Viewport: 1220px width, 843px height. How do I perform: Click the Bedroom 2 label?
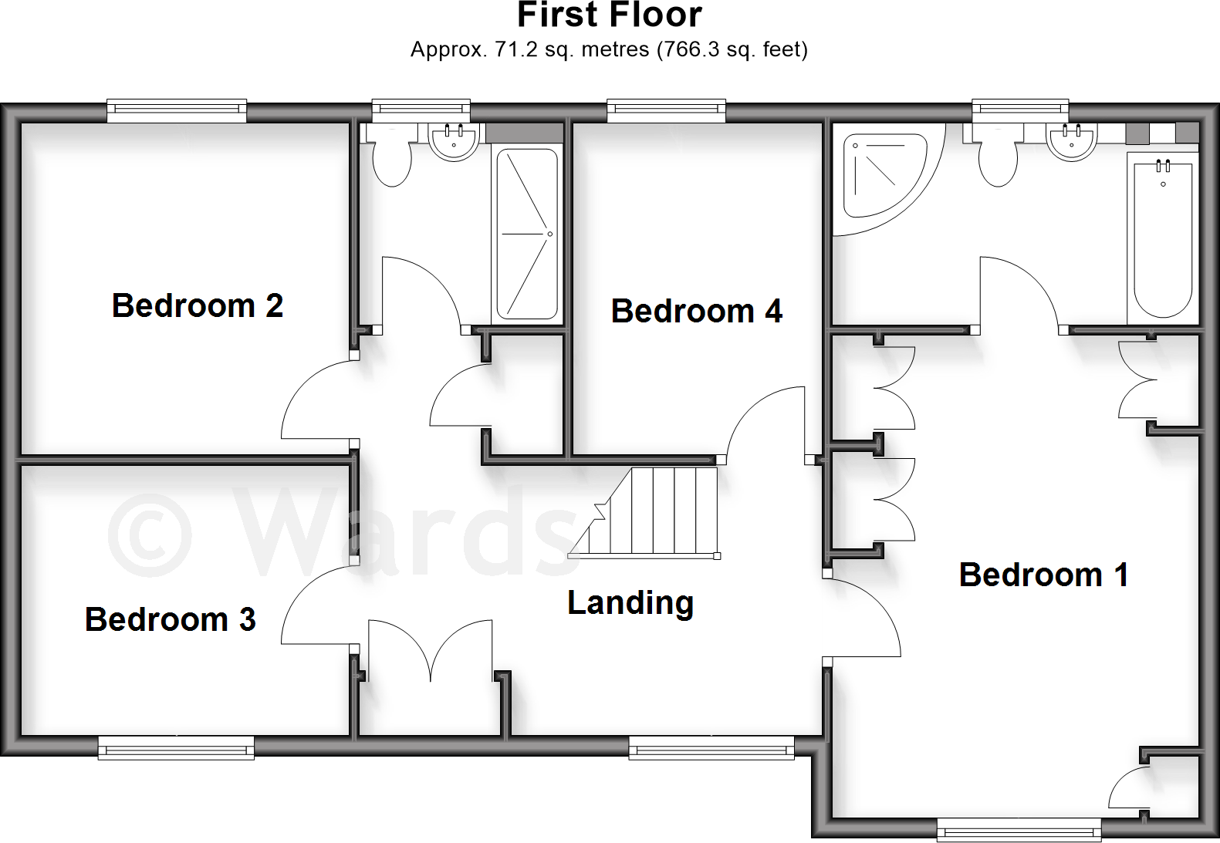point(198,305)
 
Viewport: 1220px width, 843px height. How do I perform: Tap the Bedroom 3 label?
point(170,619)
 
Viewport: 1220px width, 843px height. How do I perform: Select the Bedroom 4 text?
point(696,311)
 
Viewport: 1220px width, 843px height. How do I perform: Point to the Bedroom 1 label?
point(1043,575)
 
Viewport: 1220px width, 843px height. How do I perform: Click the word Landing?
point(630,602)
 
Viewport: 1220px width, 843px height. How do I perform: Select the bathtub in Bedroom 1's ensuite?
point(1162,235)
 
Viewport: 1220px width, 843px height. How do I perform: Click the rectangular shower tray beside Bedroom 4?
point(527,234)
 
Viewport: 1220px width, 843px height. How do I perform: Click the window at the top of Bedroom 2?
point(177,111)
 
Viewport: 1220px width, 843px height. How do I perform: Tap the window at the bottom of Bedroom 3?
point(176,747)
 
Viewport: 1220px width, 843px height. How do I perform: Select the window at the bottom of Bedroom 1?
point(1019,831)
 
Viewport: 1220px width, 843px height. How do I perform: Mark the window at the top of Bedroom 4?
point(666,111)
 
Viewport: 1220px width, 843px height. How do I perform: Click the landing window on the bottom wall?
point(711,747)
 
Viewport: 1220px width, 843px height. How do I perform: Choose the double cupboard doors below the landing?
point(430,652)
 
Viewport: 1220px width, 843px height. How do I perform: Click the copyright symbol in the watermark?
point(149,535)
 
